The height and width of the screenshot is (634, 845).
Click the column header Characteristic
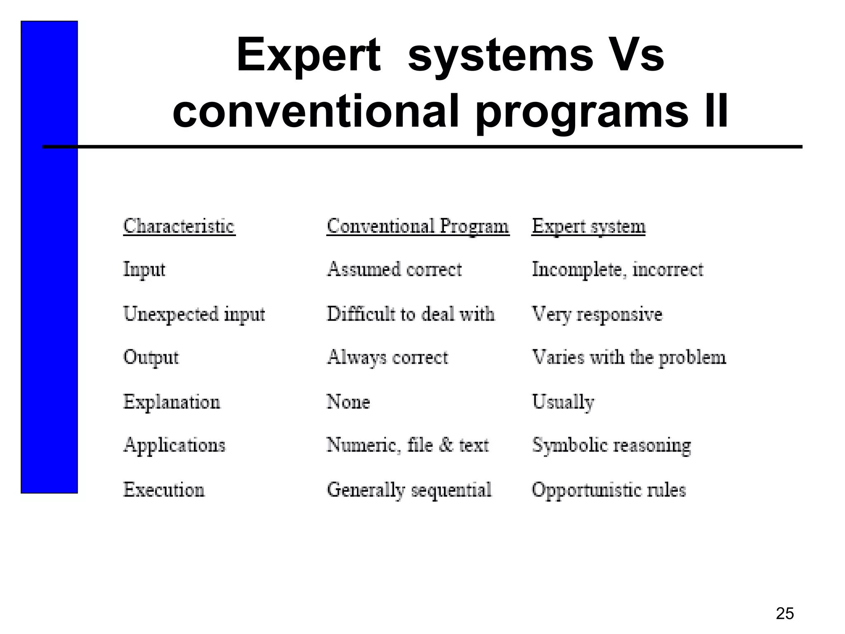coord(179,226)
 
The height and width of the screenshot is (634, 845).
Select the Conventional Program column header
coord(418,226)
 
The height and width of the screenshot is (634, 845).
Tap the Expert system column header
coord(588,226)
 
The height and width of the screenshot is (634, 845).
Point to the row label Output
coord(151,357)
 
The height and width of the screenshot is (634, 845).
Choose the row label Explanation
coord(172,402)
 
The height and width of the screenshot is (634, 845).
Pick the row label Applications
coord(175,445)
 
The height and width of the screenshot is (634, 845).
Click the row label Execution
coord(164,490)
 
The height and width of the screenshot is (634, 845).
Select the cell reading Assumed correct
coord(394,270)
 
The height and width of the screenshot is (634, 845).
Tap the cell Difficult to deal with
coord(411,314)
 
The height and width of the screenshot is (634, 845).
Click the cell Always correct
coord(387,357)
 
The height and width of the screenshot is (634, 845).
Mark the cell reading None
coord(348,402)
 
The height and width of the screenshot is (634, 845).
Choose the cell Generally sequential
coord(409,490)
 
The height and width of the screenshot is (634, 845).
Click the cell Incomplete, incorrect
coord(617,270)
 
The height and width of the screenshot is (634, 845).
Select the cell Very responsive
coord(597,314)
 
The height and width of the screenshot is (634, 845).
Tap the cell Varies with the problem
coord(629,357)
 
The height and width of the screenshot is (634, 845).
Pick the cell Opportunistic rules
coord(609,490)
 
